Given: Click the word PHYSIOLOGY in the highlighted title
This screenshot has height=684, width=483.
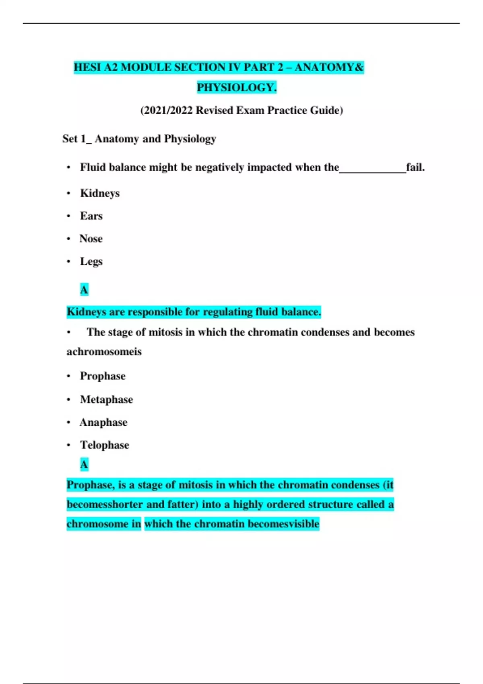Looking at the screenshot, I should [x=236, y=87].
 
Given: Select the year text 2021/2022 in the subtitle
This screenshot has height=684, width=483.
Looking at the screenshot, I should [x=168, y=110].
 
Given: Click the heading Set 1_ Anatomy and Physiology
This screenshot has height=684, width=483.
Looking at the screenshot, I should [x=139, y=139].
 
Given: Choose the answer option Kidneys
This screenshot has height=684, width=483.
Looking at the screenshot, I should [x=100, y=193].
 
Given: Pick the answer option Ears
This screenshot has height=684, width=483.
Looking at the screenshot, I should [x=91, y=216].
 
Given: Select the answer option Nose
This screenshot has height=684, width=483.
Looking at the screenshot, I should [x=91, y=239].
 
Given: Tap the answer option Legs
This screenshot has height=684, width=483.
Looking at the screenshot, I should [x=91, y=262].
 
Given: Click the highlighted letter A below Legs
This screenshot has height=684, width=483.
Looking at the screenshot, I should [x=84, y=289].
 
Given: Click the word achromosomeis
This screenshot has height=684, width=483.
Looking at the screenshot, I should [x=104, y=352].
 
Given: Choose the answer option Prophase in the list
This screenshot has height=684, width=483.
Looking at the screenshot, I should [x=103, y=376].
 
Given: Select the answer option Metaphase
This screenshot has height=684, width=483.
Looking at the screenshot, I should [x=106, y=400].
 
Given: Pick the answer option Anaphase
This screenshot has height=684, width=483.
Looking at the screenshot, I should [x=103, y=422].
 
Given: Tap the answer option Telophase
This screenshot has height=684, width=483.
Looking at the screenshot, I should [x=105, y=445].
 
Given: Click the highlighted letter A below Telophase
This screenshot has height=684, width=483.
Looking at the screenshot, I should [x=84, y=465].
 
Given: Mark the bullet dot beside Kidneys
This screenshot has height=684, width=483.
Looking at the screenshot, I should [x=69, y=194].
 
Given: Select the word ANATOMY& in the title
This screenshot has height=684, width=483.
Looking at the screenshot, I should [x=329, y=67].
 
